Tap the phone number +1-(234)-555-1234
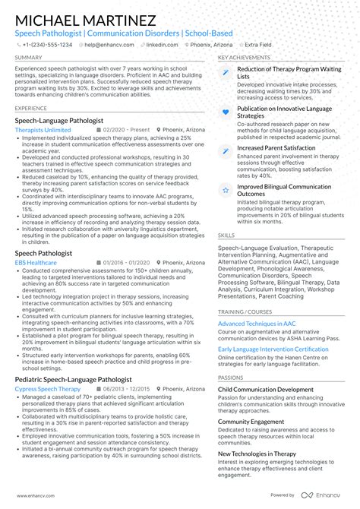pyautogui.click(x=46, y=45)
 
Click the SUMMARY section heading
pyautogui.click(x=28, y=58)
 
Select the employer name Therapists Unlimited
pyautogui.click(x=43, y=130)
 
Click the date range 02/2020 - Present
pyautogui.click(x=125, y=130)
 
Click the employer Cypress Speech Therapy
pyautogui.click(x=47, y=389)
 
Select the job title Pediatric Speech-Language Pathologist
pyautogui.click(x=73, y=379)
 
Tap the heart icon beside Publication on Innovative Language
pyautogui.click(x=226, y=112)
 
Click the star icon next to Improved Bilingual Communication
pyautogui.click(x=226, y=190)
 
